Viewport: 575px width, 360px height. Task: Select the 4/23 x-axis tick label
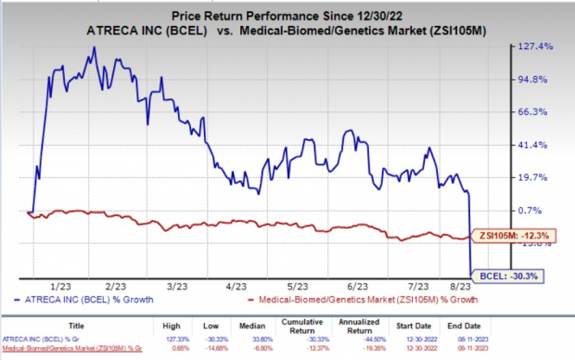pyautogui.click(x=235, y=287)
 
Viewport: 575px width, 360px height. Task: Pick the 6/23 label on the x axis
pyautogui.click(x=356, y=287)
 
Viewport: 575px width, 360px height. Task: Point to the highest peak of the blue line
pyautogui.click(x=94, y=48)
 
